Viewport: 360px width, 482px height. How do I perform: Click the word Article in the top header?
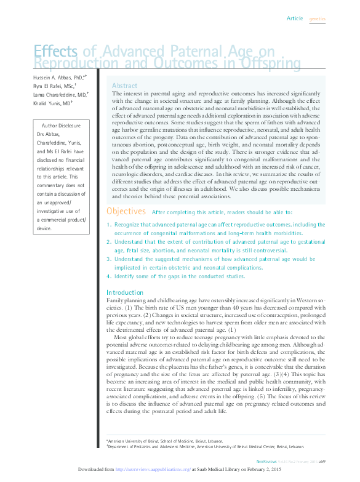pos(295,18)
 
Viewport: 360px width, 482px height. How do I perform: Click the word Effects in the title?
pos(55,52)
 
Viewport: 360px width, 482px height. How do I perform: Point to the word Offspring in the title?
pos(271,63)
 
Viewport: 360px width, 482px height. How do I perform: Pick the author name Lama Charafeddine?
pos(57,95)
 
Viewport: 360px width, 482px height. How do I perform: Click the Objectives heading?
pos(126,211)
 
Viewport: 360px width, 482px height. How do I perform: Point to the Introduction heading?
pos(125,292)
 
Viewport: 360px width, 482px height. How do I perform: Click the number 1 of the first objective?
pos(109,225)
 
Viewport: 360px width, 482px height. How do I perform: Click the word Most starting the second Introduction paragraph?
pos(121,337)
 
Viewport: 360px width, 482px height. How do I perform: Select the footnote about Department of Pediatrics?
pos(206,446)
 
